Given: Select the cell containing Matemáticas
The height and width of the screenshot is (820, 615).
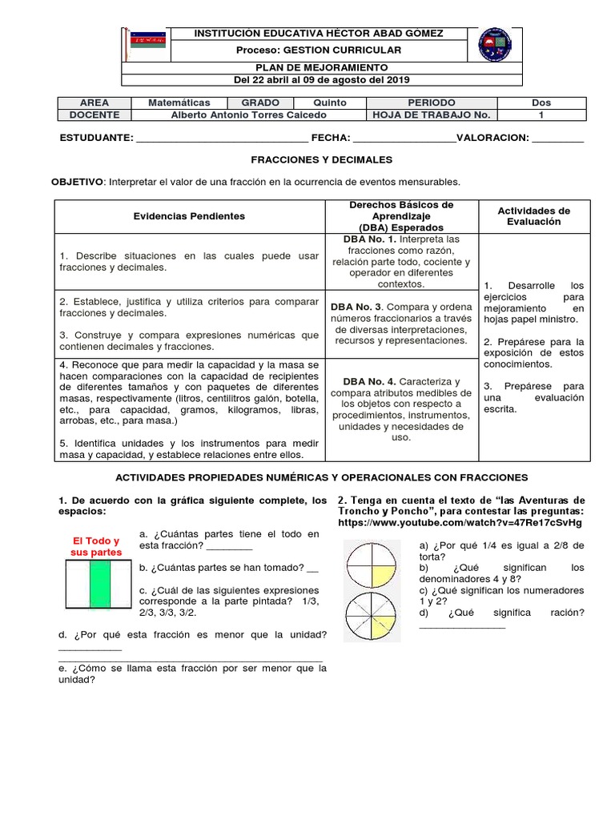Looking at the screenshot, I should (179, 102).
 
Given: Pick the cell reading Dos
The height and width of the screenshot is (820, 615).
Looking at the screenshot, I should (541, 102).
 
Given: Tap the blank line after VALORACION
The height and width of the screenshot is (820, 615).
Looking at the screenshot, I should (558, 139).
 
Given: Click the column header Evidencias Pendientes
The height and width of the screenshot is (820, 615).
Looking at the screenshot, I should (190, 216).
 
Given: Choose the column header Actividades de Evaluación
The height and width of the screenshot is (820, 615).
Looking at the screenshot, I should (534, 216).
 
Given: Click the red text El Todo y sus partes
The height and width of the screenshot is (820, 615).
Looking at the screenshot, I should (94, 547).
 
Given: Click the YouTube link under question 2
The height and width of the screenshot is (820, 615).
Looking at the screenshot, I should (460, 522).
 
